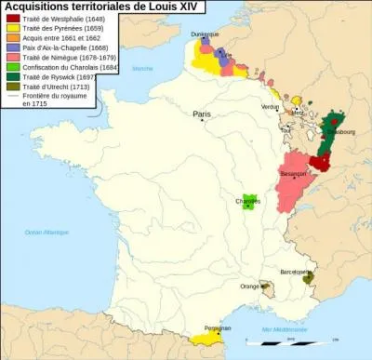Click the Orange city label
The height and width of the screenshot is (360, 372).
[249, 287]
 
